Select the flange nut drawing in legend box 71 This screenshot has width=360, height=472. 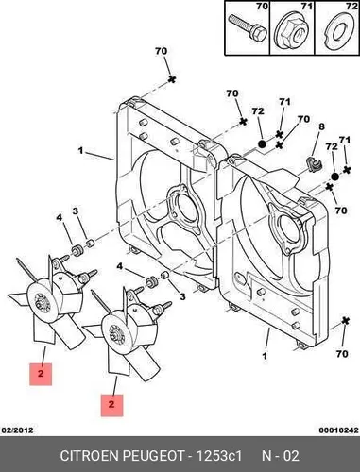tap(292, 34)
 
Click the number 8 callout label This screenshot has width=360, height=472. tap(321, 126)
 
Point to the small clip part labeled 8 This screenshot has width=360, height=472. tap(313, 164)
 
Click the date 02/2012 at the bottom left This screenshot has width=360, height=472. tap(17, 430)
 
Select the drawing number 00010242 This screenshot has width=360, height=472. tap(339, 430)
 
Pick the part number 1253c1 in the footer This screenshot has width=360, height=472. tap(219, 456)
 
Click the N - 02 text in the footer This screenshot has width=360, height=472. tap(281, 456)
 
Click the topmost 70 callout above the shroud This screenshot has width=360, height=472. tap(161, 51)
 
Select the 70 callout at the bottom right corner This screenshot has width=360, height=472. tap(342, 354)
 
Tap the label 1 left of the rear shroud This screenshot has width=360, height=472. tap(80, 151)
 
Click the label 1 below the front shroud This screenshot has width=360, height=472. tap(265, 356)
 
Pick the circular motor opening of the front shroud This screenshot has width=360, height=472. tap(285, 231)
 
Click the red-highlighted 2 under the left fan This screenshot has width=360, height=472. tap(41, 374)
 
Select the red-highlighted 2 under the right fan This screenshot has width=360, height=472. tap(111, 405)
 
